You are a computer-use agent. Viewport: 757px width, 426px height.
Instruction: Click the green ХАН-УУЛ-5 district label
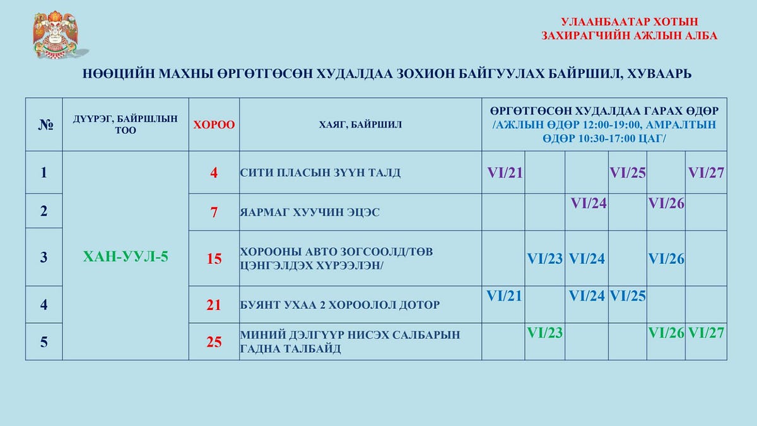coord(126,257)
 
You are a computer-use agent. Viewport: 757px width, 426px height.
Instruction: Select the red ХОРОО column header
coord(214,125)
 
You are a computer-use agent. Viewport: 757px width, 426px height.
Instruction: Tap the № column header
coord(45,125)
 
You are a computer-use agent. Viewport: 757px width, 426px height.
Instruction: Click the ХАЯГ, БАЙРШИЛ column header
coord(360,125)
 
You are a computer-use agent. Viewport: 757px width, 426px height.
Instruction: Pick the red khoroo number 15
coord(214,259)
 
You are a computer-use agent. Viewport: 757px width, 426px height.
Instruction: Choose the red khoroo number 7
coord(214,212)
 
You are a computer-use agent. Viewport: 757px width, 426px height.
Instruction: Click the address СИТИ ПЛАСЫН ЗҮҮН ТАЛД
coord(320,173)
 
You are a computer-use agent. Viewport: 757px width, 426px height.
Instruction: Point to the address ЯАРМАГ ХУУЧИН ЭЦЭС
coord(310,212)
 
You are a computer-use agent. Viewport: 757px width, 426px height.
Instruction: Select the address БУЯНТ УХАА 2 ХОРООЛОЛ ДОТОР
coord(339,305)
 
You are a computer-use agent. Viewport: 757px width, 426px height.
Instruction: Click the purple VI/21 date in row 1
coord(505,173)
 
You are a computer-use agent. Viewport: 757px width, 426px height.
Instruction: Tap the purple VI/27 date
coord(706,173)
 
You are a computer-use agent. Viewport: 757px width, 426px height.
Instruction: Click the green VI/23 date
coord(545,333)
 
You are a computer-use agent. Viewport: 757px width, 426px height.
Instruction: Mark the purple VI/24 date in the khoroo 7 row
coord(589,203)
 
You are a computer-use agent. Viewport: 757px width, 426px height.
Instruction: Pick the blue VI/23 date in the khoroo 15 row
coord(545,259)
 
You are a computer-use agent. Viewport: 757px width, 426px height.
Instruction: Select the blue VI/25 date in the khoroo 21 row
coord(628,296)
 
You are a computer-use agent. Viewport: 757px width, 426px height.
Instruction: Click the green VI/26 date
coord(666,333)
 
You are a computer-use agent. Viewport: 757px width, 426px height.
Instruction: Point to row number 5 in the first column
coord(44,342)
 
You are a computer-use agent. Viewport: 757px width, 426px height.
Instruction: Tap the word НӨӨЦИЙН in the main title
coord(119,74)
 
